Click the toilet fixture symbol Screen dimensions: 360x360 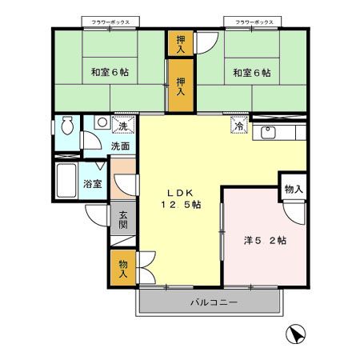[x=66, y=126]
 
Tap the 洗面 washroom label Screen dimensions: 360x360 [x=120, y=146]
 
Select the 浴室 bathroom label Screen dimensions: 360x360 [x=93, y=183]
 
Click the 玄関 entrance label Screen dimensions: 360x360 [x=123, y=220]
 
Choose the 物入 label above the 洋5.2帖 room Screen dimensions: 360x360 [x=293, y=189]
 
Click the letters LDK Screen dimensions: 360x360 [x=179, y=192]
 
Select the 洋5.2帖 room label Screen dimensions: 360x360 [x=265, y=240]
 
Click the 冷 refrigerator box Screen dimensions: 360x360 [x=238, y=126]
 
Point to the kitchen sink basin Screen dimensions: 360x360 [x=267, y=133]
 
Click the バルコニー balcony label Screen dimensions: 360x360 [x=213, y=303]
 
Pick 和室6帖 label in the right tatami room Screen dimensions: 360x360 [x=251, y=73]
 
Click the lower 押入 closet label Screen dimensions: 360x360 [x=180, y=86]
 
